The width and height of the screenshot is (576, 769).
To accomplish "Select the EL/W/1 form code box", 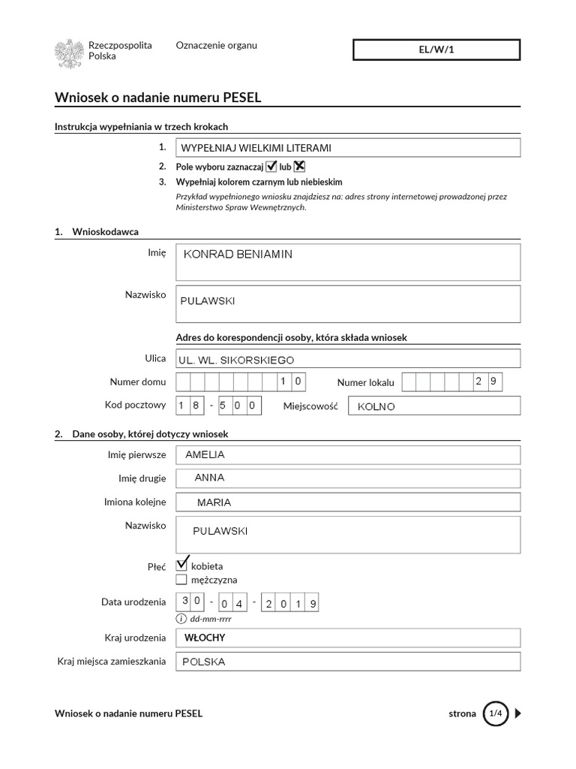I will [436, 50].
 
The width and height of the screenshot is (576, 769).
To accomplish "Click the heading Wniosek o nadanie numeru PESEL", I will [158, 97].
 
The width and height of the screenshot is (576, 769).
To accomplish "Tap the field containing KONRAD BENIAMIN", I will [347, 262].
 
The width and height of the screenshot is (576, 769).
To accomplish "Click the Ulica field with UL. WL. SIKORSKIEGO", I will [347, 360].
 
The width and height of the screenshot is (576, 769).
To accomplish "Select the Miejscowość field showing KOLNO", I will [435, 406].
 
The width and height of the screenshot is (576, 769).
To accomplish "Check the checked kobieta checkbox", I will [181, 565].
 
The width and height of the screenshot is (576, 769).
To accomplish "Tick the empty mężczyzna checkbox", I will [181, 580].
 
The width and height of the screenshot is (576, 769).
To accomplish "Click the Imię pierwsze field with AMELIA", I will [347, 455].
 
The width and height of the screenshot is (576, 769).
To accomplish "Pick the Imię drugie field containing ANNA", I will [347, 478].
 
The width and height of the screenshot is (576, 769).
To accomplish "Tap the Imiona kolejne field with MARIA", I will [347, 502].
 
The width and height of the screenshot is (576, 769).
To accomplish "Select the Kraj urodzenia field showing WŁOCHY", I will [347, 638].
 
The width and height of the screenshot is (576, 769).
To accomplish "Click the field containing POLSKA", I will [347, 662].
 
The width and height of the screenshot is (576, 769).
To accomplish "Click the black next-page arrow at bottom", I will [517, 713].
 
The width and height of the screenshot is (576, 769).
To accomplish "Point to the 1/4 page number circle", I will [495, 713].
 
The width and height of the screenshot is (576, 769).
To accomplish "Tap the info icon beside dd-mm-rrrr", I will [181, 619].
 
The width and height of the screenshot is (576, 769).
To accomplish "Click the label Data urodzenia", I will [133, 602].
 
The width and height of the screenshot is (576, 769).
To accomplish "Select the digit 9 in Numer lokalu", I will [493, 381].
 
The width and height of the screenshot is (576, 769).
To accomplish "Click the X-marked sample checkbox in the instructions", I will [299, 167].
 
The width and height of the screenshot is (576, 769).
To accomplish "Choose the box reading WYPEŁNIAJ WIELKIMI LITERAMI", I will [347, 148].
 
